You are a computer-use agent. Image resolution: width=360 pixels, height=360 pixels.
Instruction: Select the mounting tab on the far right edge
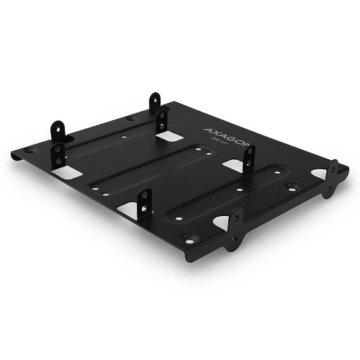click(332, 179)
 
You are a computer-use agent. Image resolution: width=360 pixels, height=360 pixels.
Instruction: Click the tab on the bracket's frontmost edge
click(234, 229)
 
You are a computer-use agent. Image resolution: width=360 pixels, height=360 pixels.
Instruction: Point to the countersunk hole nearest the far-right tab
click(291, 187)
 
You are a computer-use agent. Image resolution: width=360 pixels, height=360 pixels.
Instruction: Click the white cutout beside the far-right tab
click(318, 174)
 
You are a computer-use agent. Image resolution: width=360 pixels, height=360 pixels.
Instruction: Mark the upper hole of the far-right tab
click(333, 169)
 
